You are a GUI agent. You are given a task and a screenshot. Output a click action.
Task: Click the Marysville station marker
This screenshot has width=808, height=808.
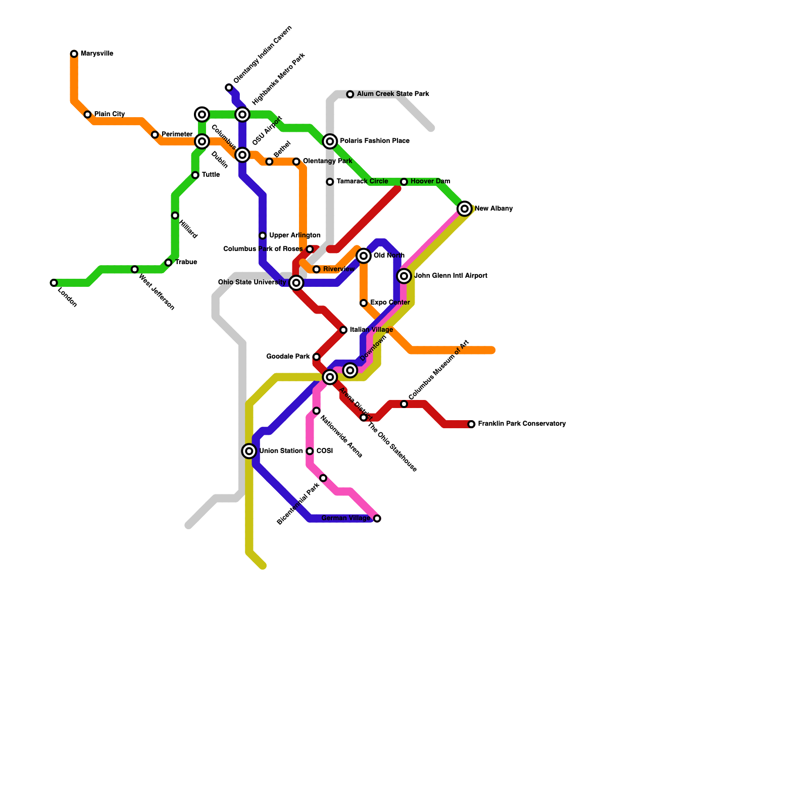(74, 54)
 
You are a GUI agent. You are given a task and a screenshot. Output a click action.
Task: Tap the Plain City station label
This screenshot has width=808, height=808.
(109, 114)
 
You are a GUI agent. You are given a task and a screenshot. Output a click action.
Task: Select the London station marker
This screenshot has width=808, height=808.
(54, 283)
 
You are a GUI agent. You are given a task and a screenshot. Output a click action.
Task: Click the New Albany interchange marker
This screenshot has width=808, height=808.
(465, 209)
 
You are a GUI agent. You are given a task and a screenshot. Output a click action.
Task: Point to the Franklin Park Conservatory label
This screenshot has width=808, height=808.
(522, 424)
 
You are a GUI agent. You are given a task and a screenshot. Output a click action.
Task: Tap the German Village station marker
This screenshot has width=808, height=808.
(377, 519)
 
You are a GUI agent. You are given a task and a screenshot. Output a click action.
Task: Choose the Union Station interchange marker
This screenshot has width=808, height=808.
(249, 451)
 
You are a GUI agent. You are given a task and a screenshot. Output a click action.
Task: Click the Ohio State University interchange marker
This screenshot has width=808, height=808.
(297, 283)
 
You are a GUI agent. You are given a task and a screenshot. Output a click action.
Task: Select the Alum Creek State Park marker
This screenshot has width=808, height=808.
(350, 94)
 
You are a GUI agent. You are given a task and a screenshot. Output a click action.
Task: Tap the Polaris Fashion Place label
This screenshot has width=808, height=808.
(374, 141)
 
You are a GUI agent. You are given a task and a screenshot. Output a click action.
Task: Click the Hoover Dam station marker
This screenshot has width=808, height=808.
(404, 182)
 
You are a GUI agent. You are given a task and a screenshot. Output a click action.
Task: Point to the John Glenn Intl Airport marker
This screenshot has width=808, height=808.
(404, 276)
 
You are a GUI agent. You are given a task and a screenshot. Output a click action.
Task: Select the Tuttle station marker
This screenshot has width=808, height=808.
(195, 175)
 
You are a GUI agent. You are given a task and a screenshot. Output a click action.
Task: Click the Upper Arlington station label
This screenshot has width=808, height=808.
(294, 235)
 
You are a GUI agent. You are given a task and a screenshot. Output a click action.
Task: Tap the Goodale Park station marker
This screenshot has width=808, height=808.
(317, 357)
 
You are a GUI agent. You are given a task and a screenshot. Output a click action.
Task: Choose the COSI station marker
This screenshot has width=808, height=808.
(310, 451)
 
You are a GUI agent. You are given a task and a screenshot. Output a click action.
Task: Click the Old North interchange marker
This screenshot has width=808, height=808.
(364, 256)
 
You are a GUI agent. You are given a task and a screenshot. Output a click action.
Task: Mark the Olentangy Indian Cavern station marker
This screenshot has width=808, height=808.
(229, 88)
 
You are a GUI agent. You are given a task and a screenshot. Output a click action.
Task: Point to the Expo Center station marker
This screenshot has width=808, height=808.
(364, 303)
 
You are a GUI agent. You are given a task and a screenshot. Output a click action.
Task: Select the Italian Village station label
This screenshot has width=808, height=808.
(371, 330)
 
